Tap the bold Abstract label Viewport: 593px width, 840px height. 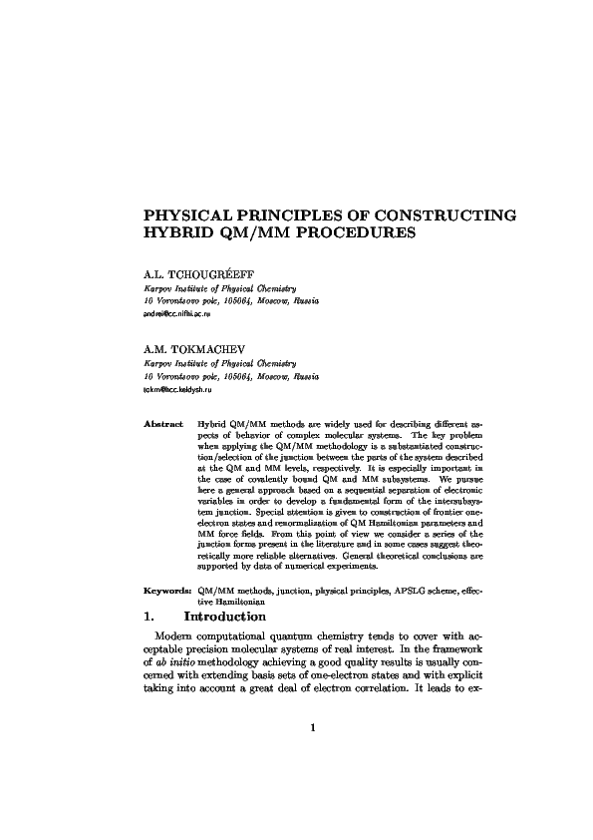[x=161, y=424]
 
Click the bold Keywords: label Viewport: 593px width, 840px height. [x=167, y=592]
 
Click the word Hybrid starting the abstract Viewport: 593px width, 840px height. [x=212, y=424]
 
